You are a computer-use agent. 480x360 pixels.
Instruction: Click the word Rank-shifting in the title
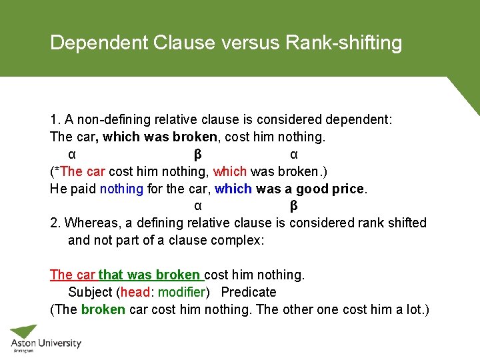(343, 43)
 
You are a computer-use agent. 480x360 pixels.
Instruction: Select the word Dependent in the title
(99, 43)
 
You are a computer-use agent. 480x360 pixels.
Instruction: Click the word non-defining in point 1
(114, 120)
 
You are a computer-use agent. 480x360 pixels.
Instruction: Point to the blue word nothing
(121, 189)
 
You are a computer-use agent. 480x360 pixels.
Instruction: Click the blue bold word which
(233, 189)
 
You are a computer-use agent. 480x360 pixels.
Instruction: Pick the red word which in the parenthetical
(229, 171)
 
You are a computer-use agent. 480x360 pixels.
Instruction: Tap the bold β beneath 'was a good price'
(294, 205)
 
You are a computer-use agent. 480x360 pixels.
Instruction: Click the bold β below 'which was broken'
(197, 155)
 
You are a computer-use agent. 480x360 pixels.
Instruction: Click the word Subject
(91, 292)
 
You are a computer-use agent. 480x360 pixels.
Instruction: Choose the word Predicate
(248, 292)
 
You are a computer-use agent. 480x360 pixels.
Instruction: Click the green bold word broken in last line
(103, 310)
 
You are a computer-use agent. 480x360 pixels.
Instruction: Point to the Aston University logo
(45, 339)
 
